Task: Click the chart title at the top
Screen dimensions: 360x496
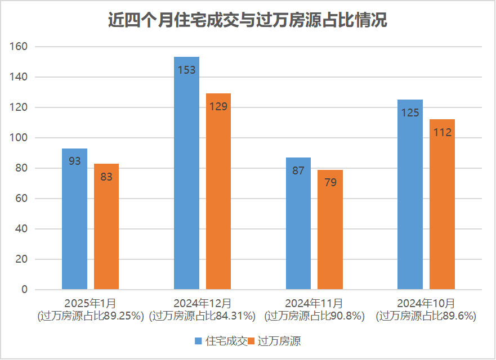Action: (248, 21)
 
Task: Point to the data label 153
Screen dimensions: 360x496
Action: (186, 70)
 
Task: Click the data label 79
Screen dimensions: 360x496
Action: (330, 183)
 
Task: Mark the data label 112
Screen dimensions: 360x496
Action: (442, 133)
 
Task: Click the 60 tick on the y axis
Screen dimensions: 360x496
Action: (21, 199)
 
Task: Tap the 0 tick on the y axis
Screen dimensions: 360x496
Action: (24, 290)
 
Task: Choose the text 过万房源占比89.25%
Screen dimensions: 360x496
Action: (91, 316)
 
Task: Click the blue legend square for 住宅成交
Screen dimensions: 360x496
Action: (198, 341)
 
